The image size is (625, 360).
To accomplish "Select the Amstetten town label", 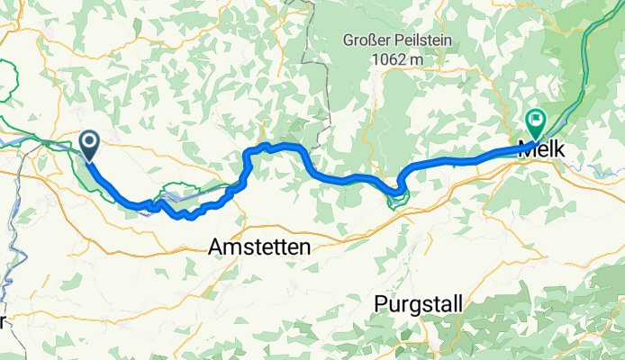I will pos(259,246).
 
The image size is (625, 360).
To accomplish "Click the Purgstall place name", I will pos(418,305).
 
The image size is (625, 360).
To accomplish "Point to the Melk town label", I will pos(543,150).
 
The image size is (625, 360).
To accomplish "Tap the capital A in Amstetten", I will pos(215,246).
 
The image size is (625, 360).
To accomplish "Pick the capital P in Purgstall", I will pos(380,305).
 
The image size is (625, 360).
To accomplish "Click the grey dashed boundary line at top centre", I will pos(315,54).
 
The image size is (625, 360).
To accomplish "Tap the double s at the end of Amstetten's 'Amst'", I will pos(244,246).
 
